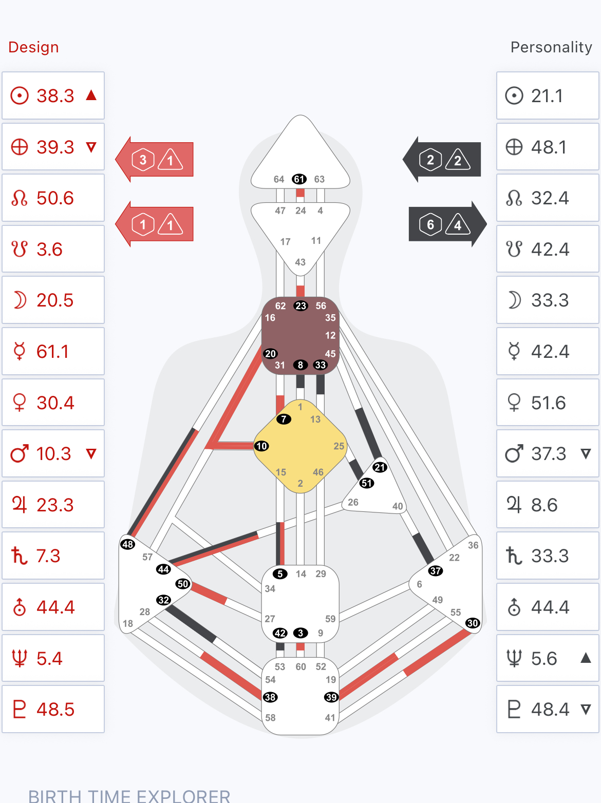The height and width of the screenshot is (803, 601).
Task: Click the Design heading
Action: click(x=33, y=47)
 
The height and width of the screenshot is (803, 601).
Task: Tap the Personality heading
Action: click(x=551, y=47)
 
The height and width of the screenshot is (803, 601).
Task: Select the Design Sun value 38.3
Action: click(x=55, y=96)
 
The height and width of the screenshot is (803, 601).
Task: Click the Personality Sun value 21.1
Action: click(x=547, y=96)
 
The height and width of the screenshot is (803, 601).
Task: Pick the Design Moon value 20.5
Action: click(x=55, y=300)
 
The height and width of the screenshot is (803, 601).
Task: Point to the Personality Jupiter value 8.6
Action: click(x=544, y=505)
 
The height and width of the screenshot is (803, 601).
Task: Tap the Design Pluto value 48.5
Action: click(x=55, y=710)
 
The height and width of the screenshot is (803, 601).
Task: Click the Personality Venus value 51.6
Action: click(x=548, y=403)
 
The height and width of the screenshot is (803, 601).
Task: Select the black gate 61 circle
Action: click(x=299, y=179)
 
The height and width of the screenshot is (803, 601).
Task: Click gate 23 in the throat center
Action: click(x=301, y=306)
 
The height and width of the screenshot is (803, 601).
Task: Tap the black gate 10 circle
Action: click(x=261, y=446)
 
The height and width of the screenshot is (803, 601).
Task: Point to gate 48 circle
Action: click(x=128, y=544)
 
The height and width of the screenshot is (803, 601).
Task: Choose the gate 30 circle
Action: click(x=473, y=623)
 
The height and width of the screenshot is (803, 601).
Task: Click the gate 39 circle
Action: click(x=331, y=697)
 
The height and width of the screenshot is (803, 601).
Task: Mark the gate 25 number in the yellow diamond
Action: click(x=339, y=446)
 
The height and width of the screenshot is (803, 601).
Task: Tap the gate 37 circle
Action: click(x=435, y=571)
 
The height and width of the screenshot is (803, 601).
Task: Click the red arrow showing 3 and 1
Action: click(x=154, y=160)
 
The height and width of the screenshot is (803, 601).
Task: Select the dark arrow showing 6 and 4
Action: click(x=447, y=224)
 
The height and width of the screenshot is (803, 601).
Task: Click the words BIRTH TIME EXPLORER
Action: click(x=129, y=795)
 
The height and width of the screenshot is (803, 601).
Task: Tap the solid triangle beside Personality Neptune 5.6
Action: click(x=586, y=658)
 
